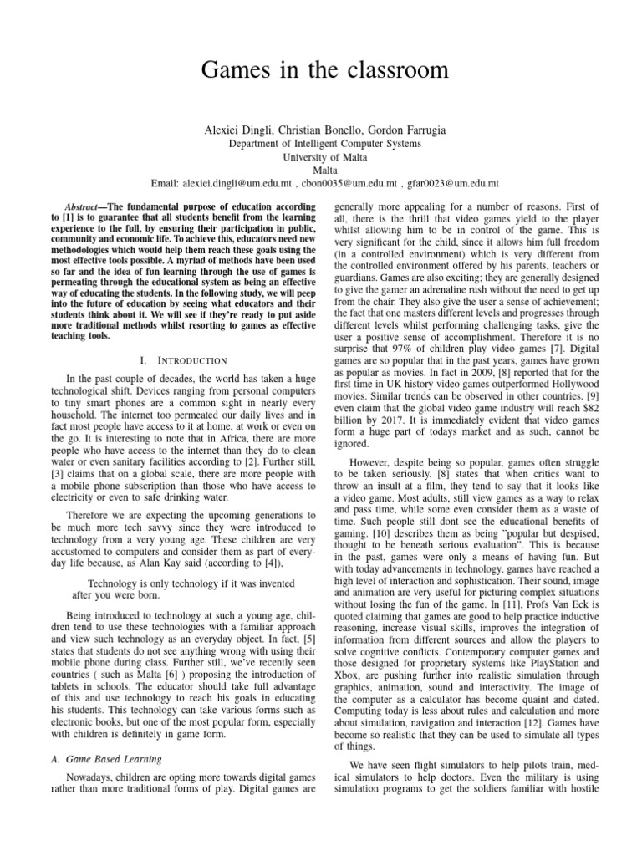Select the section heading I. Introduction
point(184,360)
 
